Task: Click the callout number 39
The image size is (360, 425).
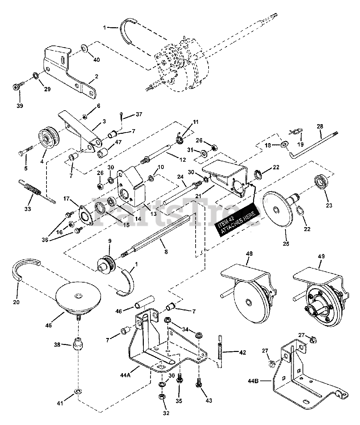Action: click(20, 106)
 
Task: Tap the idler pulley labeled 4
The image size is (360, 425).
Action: click(49, 138)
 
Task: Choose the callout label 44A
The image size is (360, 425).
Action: click(126, 375)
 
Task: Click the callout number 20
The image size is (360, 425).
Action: click(16, 302)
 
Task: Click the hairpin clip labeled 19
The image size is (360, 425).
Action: click(296, 131)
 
